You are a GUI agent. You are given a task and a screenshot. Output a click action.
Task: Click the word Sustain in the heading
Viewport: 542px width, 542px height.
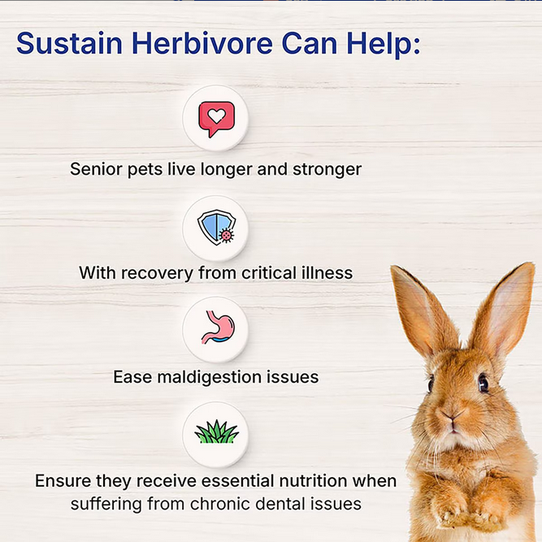pyautogui.click(x=70, y=43)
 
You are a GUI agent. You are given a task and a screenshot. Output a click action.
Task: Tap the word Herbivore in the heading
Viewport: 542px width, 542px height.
pyautogui.click(x=202, y=43)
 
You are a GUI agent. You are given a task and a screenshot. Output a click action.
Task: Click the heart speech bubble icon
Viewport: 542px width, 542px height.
pyautogui.click(x=216, y=119)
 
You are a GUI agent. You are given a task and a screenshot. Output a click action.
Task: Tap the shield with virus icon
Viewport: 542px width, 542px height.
pyautogui.click(x=216, y=227)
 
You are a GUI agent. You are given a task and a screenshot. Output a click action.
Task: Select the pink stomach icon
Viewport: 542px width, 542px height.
pyautogui.click(x=218, y=327)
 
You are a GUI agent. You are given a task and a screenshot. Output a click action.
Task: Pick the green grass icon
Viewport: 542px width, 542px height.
pyautogui.click(x=217, y=431)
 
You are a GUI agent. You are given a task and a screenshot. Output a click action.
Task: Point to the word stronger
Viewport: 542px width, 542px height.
pyautogui.click(x=327, y=170)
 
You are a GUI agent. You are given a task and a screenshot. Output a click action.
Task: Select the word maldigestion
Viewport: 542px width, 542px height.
pyautogui.click(x=209, y=377)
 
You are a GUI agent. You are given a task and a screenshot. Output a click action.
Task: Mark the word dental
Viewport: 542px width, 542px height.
pyautogui.click(x=280, y=504)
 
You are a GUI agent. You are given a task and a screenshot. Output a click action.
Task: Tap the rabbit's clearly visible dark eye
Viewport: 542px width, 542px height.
pyautogui.click(x=483, y=384)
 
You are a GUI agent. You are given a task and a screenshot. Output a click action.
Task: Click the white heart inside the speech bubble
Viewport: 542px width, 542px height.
pyautogui.click(x=217, y=116)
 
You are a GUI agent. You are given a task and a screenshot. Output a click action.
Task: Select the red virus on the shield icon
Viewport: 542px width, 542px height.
pyautogui.click(x=227, y=236)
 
